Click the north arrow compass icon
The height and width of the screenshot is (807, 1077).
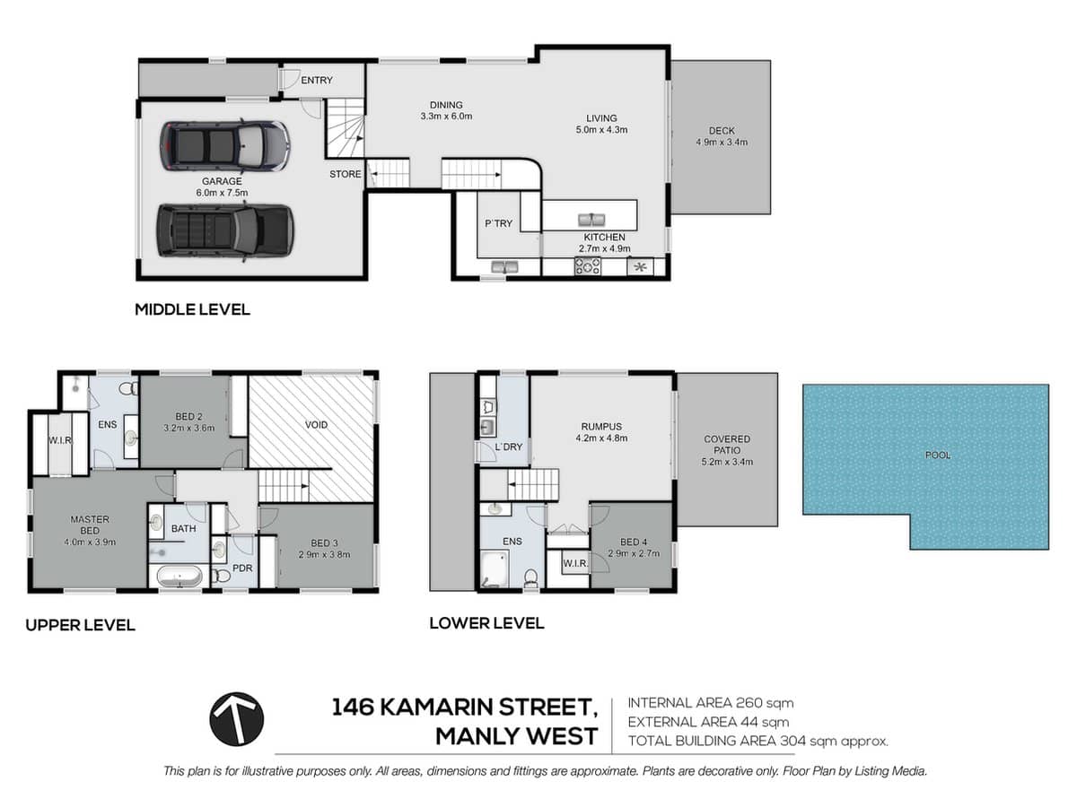pos(237,719)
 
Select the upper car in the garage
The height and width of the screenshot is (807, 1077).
pos(224,146)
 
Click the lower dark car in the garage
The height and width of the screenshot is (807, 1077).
pos(224,230)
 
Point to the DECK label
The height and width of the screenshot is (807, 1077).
pos(721,131)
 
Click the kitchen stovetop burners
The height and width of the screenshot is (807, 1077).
pos(587,265)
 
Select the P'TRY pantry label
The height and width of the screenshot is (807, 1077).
pos(498,223)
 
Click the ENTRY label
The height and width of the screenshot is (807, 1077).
pos(316,81)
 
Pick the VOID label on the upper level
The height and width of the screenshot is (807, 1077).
pos(316,424)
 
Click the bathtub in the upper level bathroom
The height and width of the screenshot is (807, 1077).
pos(179,577)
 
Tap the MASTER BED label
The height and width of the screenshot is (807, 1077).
pos(90,525)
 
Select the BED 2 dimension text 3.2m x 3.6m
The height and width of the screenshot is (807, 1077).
pos(188,429)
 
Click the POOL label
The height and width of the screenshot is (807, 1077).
pos(937,456)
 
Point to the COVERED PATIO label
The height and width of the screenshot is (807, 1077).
pos(727,445)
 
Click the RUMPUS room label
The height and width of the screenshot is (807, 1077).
pos(601,427)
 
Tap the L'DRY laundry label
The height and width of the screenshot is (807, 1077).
pos(508,447)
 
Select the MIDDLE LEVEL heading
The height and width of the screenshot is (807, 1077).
pos(192,310)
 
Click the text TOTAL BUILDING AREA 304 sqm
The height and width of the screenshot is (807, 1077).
pos(757,741)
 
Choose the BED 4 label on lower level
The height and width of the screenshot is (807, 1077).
pos(633,542)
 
